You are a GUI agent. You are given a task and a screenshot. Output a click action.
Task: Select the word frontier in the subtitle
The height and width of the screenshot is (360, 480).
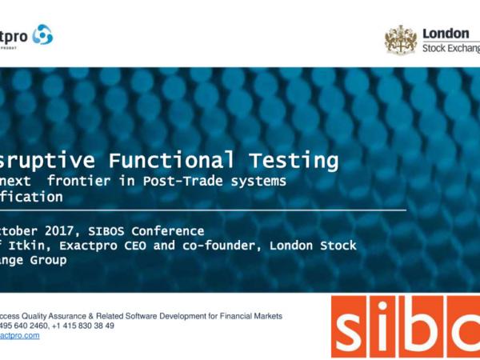(x=81, y=181)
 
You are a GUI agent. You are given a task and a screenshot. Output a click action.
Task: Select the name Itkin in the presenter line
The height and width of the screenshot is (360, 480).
(x=34, y=246)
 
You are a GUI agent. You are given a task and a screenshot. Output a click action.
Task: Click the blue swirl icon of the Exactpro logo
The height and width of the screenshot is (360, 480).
(x=42, y=34)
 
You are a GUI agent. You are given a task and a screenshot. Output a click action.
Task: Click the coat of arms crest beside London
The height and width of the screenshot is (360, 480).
(x=401, y=39)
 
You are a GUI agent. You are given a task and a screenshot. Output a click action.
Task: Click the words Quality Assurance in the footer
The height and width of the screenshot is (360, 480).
(x=59, y=316)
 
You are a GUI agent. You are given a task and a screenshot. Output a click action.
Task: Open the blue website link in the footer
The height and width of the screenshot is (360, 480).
(x=19, y=335)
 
